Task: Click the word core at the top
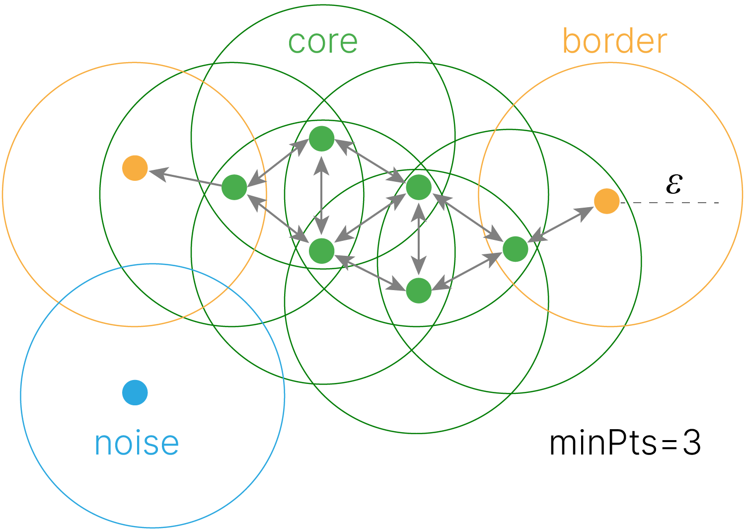click(x=323, y=42)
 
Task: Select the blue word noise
click(x=137, y=443)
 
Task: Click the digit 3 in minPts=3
click(x=691, y=443)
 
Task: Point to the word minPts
click(x=603, y=443)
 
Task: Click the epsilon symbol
click(x=674, y=184)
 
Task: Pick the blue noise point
click(x=135, y=392)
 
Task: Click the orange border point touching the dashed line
click(x=606, y=201)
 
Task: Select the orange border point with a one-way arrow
click(x=135, y=168)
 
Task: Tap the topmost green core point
click(x=322, y=139)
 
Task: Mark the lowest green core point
click(x=419, y=290)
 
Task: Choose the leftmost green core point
click(x=234, y=187)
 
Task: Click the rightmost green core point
click(x=515, y=249)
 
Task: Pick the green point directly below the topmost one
click(x=322, y=250)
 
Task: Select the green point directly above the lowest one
click(x=419, y=187)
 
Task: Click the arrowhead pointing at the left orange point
click(x=156, y=173)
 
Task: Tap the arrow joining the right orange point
click(x=561, y=225)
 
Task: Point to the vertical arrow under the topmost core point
click(x=322, y=195)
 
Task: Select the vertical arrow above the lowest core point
click(x=419, y=239)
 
